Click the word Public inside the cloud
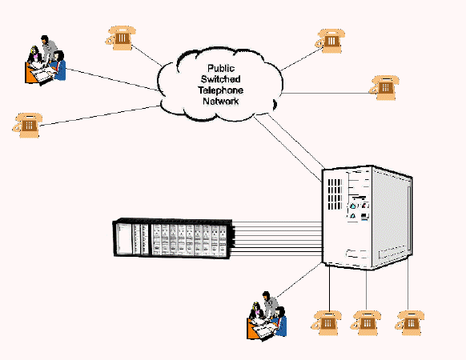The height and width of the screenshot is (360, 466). pyautogui.click(x=221, y=68)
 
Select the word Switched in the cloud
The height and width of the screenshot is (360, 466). pyautogui.click(x=220, y=79)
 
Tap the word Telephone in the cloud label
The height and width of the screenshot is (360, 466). pyautogui.click(x=220, y=90)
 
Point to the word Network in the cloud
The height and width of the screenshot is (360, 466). pyautogui.click(x=220, y=101)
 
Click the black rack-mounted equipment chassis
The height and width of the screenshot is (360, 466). pyautogui.click(x=173, y=238)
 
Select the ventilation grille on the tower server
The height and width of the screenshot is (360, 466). pyautogui.click(x=335, y=194)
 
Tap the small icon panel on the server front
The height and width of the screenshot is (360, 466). pyautogui.click(x=359, y=210)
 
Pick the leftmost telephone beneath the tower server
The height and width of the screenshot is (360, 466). pyautogui.click(x=327, y=323)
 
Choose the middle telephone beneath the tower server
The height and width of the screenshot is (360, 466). pyautogui.click(x=366, y=323)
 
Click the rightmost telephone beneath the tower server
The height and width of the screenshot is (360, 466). pyautogui.click(x=409, y=323)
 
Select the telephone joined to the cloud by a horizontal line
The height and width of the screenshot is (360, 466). pyautogui.click(x=384, y=88)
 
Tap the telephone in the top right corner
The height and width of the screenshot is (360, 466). pyautogui.click(x=330, y=41)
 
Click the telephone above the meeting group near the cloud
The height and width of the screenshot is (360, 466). pyautogui.click(x=120, y=38)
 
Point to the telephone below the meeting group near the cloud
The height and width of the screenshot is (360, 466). pyautogui.click(x=27, y=125)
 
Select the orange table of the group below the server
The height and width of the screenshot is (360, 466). pyautogui.click(x=253, y=329)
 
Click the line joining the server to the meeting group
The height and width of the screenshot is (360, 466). pyautogui.click(x=299, y=280)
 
